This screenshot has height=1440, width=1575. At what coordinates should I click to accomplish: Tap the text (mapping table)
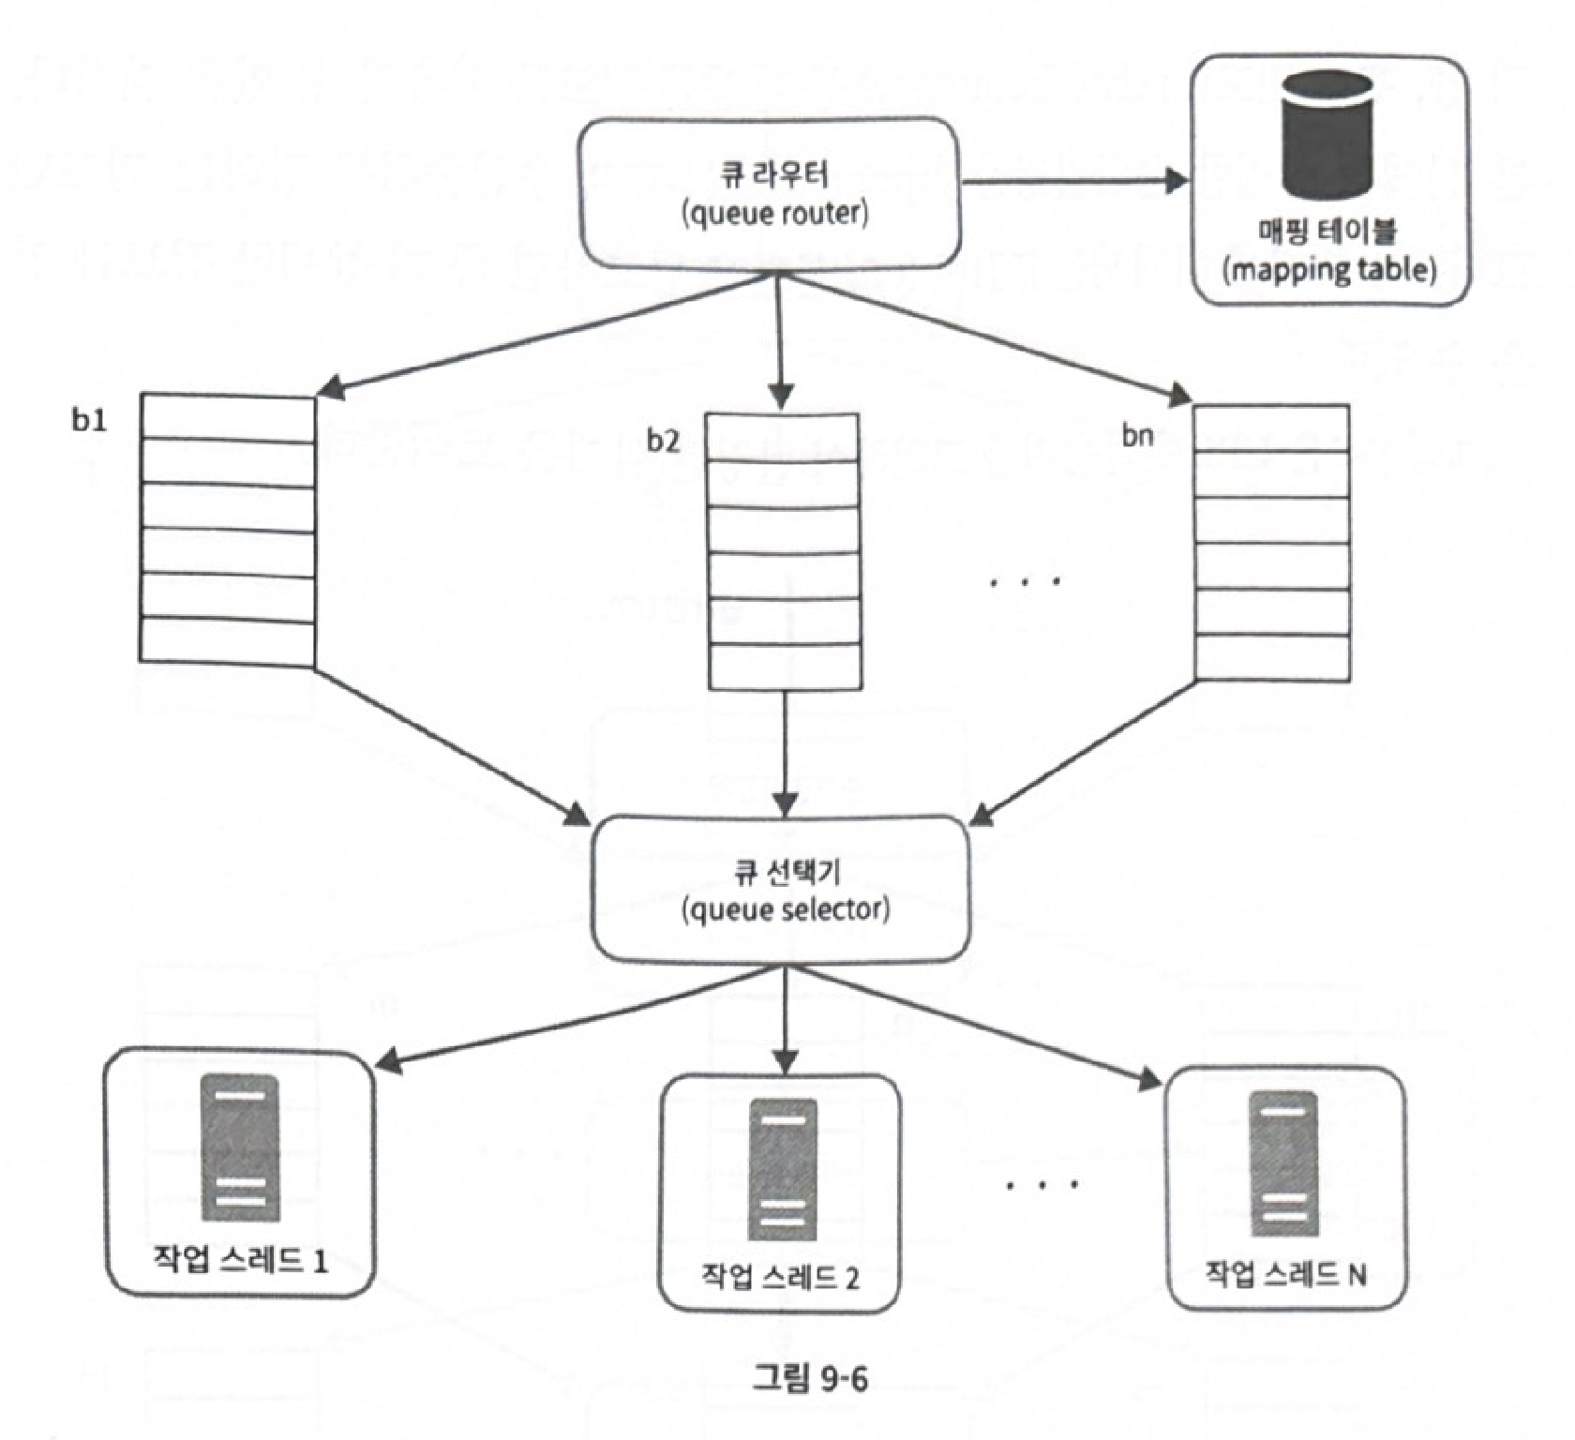coord(1329,270)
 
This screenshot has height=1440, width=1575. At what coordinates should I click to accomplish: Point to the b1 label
coord(89,421)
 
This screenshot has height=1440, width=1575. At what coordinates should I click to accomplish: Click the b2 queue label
coord(663,441)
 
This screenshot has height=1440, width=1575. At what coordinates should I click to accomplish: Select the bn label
coord(1137,435)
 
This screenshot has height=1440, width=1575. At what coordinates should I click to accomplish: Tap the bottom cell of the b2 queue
coord(785,667)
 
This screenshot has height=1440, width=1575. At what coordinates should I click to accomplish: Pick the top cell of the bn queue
coord(1272,427)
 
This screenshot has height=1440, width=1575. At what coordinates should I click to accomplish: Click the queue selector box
coord(780,889)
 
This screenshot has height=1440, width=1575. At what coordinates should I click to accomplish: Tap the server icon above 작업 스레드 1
coord(240,1147)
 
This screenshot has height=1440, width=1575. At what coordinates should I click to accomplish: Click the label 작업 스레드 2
coord(780,1277)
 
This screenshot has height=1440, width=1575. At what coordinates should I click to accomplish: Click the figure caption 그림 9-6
coord(810,1377)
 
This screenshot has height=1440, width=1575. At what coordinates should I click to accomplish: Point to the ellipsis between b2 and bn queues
coord(1026,581)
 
